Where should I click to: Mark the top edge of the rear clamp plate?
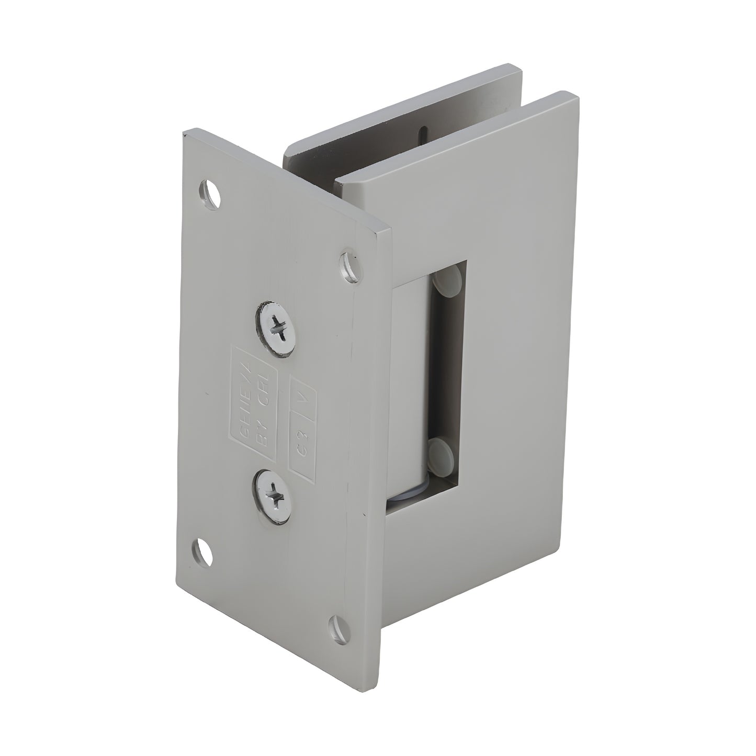403,107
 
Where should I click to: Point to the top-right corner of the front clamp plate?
576,95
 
